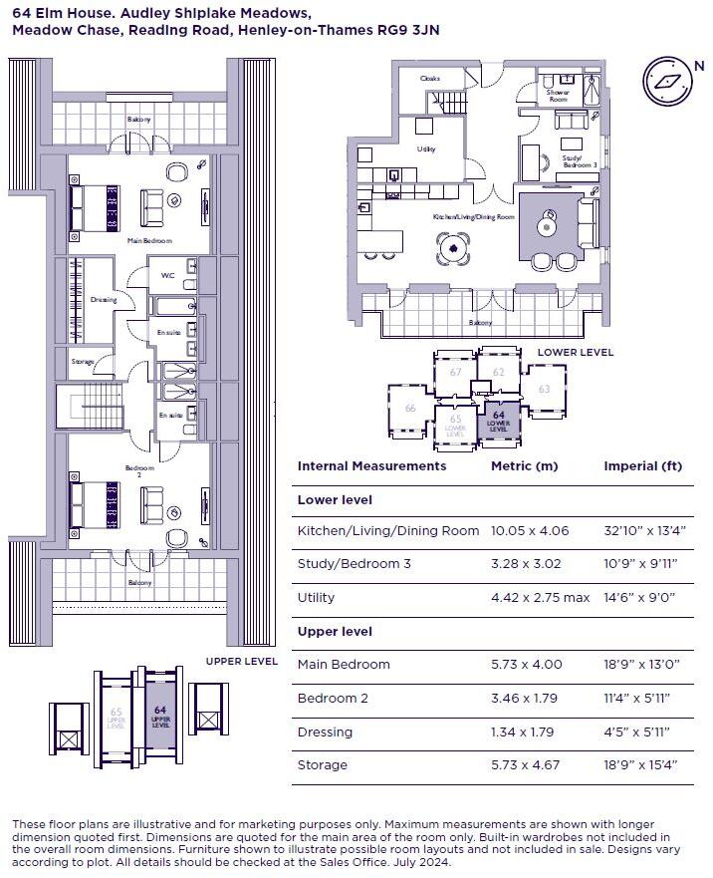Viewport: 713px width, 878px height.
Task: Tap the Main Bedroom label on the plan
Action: click(149, 241)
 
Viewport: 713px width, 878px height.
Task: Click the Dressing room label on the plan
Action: click(103, 299)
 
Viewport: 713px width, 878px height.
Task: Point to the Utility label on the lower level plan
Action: click(426, 148)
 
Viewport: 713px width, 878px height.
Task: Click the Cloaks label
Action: click(430, 78)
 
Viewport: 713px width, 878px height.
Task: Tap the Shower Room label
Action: click(558, 96)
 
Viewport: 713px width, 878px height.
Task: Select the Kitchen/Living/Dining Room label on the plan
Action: click(473, 216)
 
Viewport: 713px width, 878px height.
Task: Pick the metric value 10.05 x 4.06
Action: click(530, 531)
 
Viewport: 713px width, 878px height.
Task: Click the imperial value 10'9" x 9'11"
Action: click(637, 564)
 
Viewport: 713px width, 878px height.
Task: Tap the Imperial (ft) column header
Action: click(641, 465)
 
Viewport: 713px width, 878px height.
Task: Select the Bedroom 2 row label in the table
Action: click(333, 699)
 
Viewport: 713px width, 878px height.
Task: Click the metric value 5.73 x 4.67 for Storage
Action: click(526, 765)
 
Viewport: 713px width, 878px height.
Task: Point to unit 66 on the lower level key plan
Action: click(409, 408)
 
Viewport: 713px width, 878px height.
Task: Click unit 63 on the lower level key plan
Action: click(544, 389)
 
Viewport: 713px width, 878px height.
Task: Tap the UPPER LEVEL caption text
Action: click(241, 661)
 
